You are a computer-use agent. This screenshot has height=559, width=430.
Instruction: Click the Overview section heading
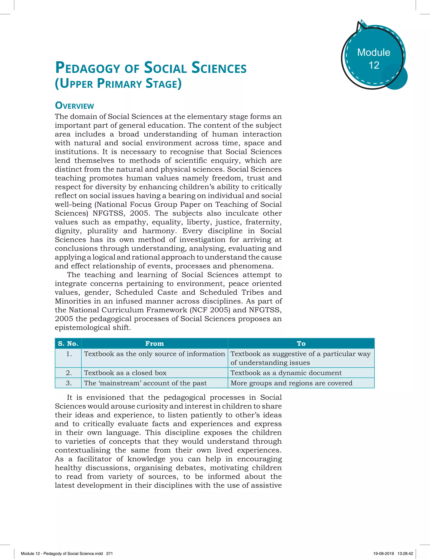coord(75,105)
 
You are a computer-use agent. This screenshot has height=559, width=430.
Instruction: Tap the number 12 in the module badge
coord(374,65)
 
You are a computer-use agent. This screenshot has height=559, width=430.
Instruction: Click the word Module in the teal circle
coord(374,52)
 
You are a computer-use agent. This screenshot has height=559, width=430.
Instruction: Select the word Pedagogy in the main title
coord(88,68)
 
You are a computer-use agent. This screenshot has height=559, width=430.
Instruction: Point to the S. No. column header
coord(68,344)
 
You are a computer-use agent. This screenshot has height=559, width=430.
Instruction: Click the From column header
coord(154,344)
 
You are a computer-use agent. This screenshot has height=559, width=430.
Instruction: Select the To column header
coord(301,344)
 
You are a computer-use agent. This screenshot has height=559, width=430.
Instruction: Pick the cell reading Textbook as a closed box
coord(125,373)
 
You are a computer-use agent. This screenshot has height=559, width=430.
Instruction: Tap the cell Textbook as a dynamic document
coord(286,373)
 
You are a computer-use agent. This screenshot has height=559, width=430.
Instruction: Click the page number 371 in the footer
coord(109,553)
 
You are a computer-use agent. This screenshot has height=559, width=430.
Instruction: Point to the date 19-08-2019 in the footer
coord(383,553)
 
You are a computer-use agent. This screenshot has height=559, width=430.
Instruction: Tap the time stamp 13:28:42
coord(405,553)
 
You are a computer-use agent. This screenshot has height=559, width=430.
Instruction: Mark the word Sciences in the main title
coord(219,68)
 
